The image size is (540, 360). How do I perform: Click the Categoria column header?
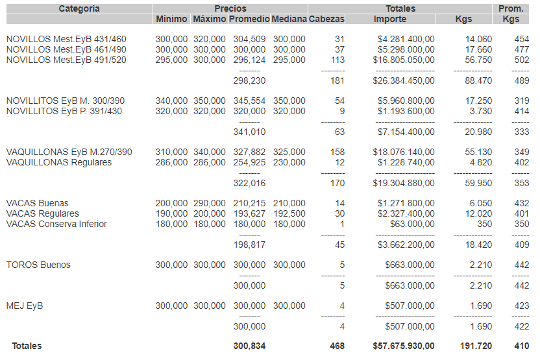[79, 8]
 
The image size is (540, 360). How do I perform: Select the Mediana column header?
[289, 19]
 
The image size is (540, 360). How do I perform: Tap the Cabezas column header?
[326, 19]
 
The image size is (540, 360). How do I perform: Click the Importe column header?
[390, 19]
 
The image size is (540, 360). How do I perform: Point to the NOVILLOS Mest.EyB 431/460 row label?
[66, 39]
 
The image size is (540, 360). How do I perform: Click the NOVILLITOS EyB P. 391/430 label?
[64, 111]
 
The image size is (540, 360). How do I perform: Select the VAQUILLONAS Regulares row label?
[58, 162]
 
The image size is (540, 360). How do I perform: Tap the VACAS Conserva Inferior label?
[56, 224]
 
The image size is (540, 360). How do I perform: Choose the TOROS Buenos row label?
[38, 265]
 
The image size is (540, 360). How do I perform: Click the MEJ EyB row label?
[25, 306]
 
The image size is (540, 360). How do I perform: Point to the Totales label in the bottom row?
[27, 346]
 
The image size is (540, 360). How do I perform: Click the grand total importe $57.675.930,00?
[404, 346]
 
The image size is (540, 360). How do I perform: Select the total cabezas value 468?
[337, 346]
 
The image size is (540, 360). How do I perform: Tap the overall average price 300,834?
[249, 346]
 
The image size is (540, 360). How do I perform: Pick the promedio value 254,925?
[249, 162]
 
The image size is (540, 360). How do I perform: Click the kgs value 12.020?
[479, 213]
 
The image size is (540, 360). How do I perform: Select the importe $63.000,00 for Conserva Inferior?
[412, 224]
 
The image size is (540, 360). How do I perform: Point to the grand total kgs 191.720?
[476, 346]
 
